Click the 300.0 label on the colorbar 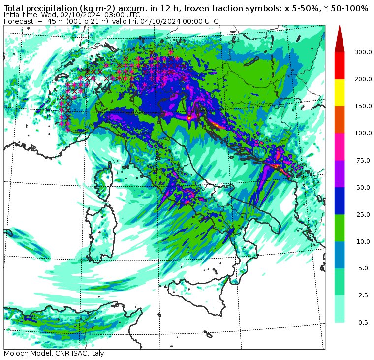365,52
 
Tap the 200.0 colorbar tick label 365,79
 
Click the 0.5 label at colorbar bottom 363,323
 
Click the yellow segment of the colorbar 340,93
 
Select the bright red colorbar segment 340,65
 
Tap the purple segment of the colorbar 340,173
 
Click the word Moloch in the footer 16,354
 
